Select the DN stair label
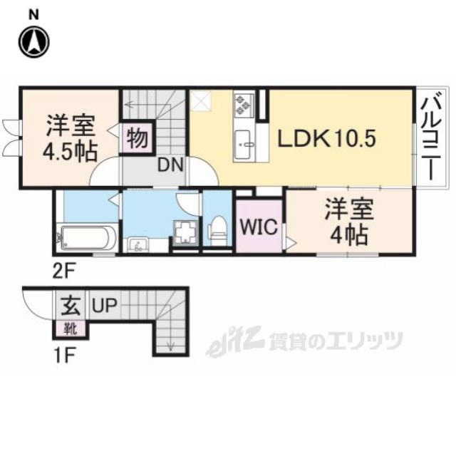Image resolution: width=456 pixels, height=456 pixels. tap(170, 166)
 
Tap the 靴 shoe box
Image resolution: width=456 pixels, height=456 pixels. tap(71, 328)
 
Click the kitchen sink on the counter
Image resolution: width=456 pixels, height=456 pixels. tap(244, 142)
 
